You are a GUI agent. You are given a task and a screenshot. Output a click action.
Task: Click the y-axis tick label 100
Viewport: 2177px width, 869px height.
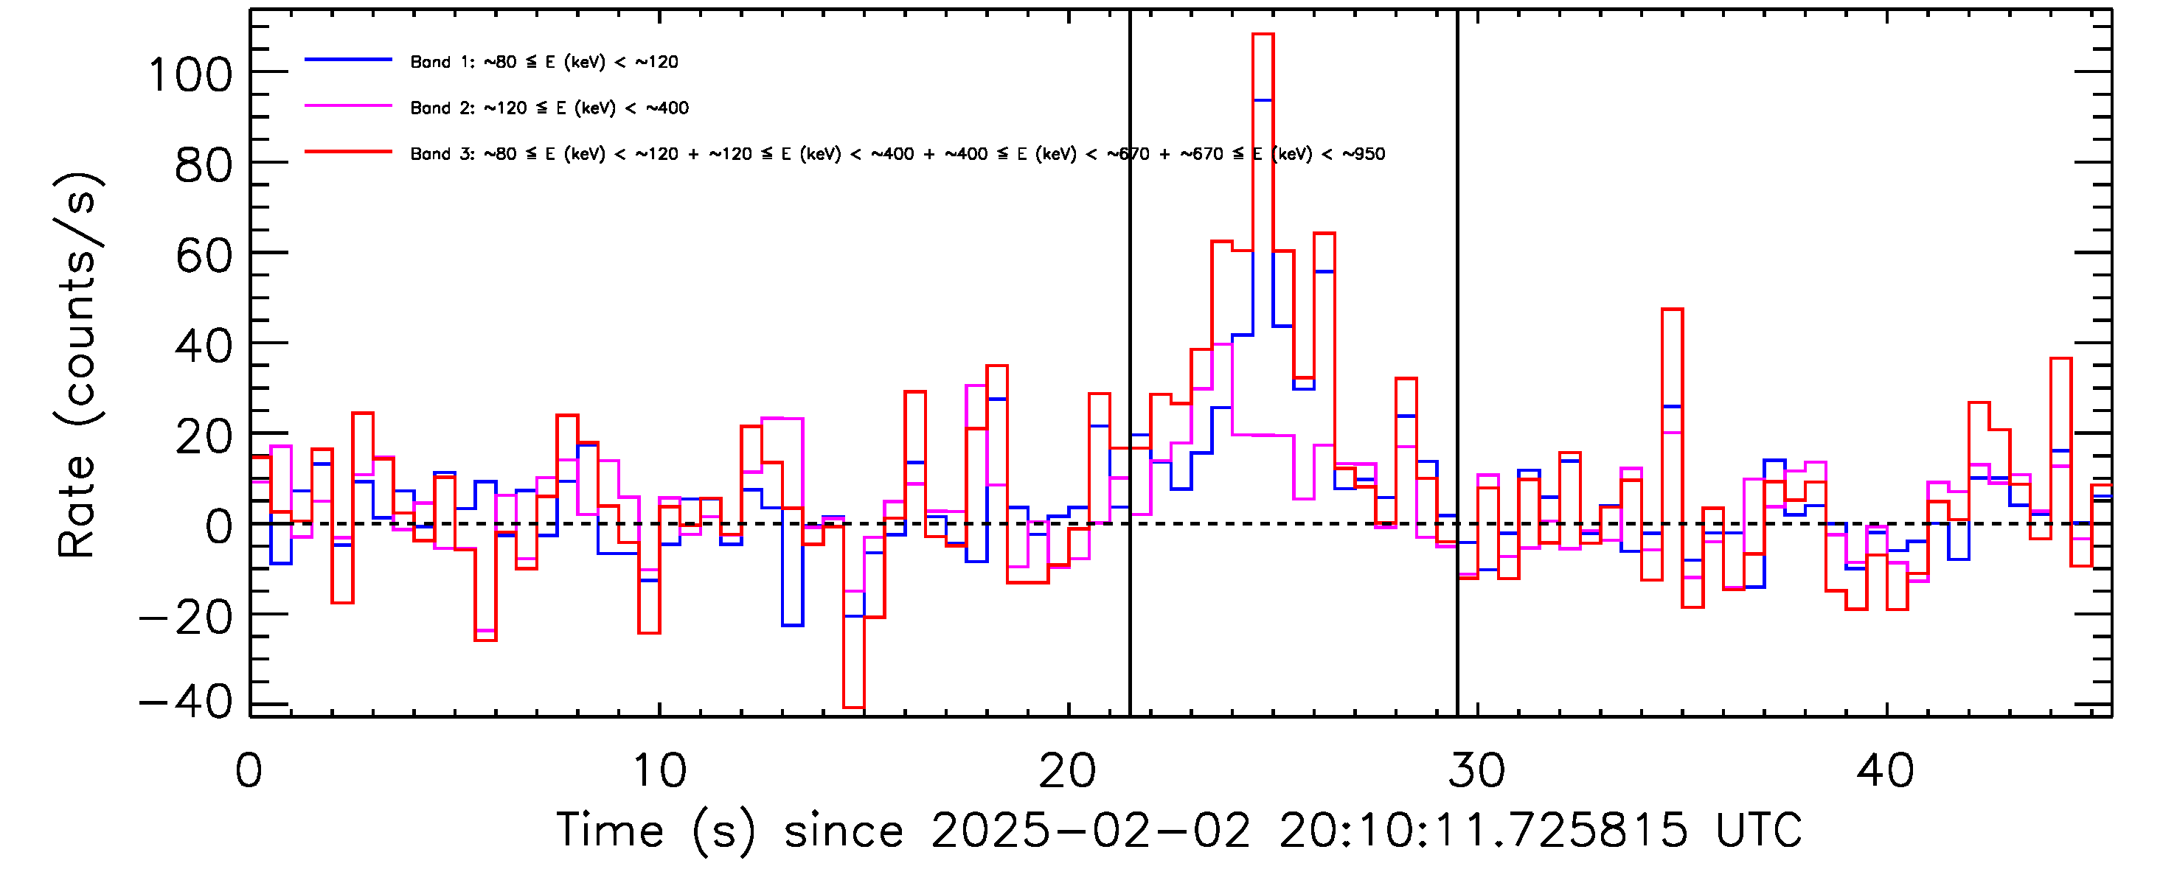(190, 75)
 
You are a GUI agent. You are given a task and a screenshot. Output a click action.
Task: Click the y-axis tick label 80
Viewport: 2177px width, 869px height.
(203, 166)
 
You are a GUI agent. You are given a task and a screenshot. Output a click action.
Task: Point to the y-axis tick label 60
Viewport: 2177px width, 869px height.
(203, 255)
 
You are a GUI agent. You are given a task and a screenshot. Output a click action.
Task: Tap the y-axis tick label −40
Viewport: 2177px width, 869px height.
(186, 701)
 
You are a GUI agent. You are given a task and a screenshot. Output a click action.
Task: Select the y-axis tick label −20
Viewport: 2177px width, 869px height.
(186, 618)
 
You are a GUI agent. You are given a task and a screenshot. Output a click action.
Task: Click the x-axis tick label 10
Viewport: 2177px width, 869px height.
(659, 771)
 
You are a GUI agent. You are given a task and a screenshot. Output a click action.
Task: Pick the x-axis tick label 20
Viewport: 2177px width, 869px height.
(1067, 771)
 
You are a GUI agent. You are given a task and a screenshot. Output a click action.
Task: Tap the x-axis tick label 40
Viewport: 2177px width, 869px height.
(1886, 771)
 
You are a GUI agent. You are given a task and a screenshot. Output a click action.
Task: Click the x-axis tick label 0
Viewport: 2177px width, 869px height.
(249, 771)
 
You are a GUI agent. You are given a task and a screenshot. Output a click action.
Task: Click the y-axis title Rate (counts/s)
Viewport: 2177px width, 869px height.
(77, 365)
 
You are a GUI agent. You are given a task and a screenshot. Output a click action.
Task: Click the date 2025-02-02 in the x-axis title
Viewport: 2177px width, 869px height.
(1090, 831)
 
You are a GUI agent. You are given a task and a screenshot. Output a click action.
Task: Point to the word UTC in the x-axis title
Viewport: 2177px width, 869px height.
(1759, 831)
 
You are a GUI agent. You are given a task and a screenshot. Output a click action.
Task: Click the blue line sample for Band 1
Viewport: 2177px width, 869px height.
(348, 60)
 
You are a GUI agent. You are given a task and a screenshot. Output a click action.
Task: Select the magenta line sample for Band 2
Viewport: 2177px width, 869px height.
(348, 106)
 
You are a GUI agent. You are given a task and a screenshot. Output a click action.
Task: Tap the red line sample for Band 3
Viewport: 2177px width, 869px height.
(348, 152)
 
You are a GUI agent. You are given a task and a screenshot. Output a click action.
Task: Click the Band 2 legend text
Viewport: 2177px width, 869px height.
(549, 108)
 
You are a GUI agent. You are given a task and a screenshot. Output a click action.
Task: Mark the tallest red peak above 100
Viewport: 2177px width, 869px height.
(1263, 35)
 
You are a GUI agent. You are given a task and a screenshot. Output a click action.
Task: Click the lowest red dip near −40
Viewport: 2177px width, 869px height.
(853, 707)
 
